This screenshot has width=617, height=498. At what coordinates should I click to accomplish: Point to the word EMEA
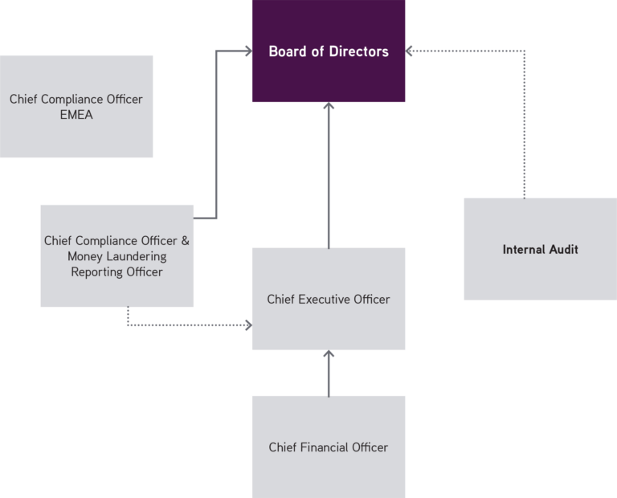coord(76,115)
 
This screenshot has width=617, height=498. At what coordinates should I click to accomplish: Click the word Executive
coord(328,300)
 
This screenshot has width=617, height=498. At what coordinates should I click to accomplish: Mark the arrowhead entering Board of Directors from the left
coord(247,51)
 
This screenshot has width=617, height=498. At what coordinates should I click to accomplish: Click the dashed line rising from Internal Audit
coord(525,129)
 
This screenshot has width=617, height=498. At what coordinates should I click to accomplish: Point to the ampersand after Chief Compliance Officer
coord(186,240)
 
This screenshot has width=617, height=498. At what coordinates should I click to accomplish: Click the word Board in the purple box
coord(285,51)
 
